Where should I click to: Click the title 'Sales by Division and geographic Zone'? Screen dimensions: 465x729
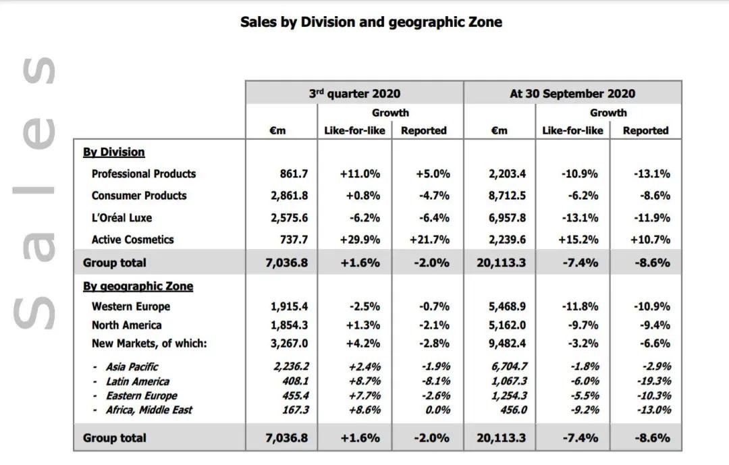[371, 22]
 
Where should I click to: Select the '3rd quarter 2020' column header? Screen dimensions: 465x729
[354, 94]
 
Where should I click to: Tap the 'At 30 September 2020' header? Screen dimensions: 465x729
[572, 94]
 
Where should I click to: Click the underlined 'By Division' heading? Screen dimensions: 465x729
[114, 152]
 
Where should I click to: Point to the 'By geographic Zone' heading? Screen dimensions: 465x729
[138, 286]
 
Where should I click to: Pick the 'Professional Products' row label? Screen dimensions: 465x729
[144, 173]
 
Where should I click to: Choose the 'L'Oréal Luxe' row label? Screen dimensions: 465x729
[122, 217]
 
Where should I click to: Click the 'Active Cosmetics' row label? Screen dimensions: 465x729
[132, 240]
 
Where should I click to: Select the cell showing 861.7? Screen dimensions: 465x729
[294, 173]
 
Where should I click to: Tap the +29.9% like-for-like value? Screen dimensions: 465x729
[360, 240]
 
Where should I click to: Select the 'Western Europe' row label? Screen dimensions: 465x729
[131, 306]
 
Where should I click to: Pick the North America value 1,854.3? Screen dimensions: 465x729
[289, 325]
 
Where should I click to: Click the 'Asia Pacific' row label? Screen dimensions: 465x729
[132, 366]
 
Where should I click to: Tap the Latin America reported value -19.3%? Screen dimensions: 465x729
[653, 381]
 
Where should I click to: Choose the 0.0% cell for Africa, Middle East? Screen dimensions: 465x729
[437, 410]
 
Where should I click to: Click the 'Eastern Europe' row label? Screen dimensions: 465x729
[141, 395]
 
